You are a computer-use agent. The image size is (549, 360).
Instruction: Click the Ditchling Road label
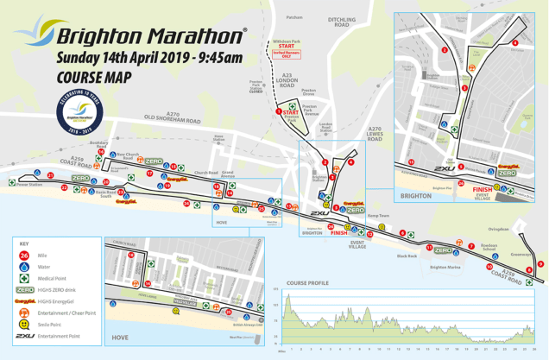(342, 22)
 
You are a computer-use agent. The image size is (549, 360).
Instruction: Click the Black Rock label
(407, 256)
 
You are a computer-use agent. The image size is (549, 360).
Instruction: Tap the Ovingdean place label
(498, 229)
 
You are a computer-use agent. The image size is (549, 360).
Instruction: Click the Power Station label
(28, 184)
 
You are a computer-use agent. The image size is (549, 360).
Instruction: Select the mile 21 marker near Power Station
(51, 176)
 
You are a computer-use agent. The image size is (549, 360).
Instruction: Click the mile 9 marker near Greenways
(540, 264)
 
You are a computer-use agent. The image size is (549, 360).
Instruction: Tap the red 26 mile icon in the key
(23, 256)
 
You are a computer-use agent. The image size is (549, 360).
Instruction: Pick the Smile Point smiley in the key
(23, 324)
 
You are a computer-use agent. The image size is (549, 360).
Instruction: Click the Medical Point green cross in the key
(23, 279)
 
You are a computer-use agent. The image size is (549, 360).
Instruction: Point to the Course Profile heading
(307, 282)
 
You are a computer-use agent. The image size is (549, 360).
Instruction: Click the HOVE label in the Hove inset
(119, 338)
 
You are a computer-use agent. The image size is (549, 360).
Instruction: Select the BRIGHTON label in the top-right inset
(416, 196)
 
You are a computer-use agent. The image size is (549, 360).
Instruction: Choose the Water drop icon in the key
(23, 267)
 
